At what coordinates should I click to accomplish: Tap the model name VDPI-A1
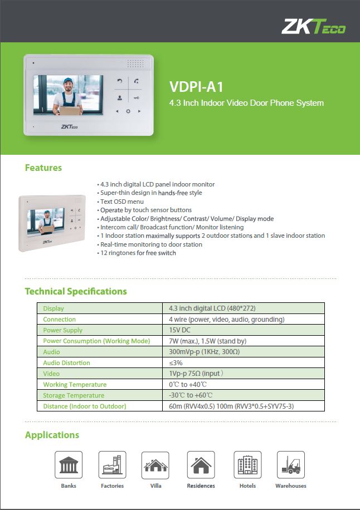click(x=196, y=87)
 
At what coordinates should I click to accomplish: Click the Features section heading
click(x=43, y=168)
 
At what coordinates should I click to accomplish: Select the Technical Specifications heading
click(x=76, y=291)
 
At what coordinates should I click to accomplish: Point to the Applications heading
click(x=52, y=435)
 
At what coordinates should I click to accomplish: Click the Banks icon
click(x=69, y=465)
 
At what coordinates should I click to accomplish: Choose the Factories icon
click(x=113, y=465)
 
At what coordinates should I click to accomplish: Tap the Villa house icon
click(x=155, y=465)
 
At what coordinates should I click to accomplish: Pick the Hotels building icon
click(x=247, y=465)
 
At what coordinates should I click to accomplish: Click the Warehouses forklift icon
click(x=290, y=465)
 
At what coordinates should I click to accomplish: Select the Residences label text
click(x=201, y=486)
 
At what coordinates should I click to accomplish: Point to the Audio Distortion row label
click(x=67, y=363)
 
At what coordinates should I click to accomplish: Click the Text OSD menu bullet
click(x=122, y=202)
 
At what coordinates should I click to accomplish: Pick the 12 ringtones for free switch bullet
click(x=138, y=253)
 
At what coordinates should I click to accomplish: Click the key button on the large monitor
click(x=137, y=97)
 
